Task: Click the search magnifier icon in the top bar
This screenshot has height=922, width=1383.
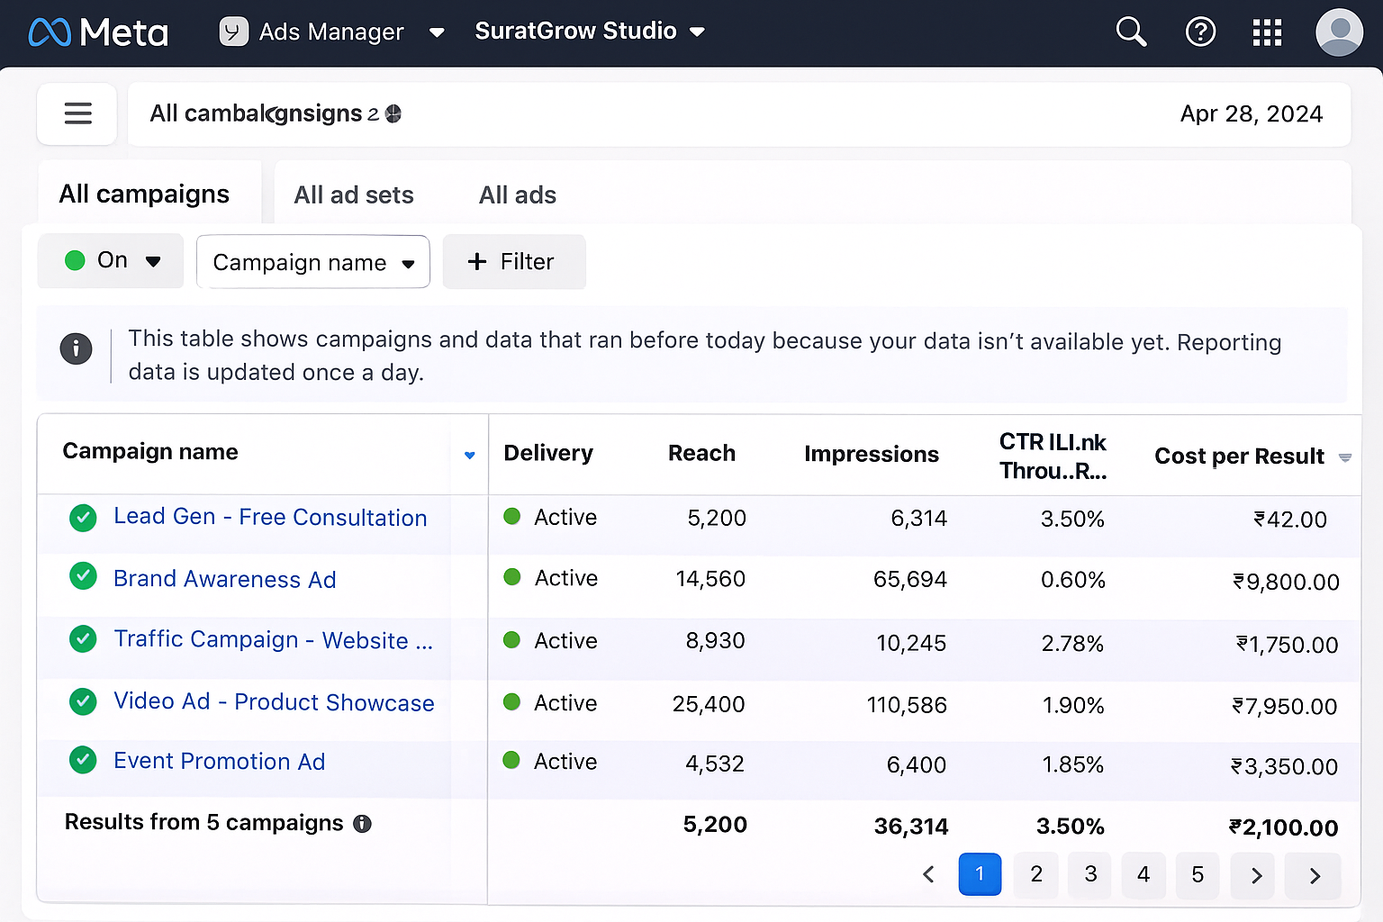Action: coord(1131,32)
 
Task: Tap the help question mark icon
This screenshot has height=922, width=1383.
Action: coord(1200,32)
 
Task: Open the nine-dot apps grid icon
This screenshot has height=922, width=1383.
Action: coord(1267,32)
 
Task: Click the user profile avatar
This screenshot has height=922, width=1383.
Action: coord(1339,32)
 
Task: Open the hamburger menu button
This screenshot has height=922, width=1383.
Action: coord(77,113)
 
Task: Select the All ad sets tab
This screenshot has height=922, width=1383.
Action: coord(353,194)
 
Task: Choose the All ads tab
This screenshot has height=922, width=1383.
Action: coord(517,194)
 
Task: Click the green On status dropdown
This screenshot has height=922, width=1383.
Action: coord(111,261)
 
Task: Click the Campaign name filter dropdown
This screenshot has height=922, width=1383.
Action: coord(312,262)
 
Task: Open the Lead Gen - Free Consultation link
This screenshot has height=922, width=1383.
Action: coord(269,517)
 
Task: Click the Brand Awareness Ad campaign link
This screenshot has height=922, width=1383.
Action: coord(224,579)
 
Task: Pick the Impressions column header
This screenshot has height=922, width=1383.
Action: coord(871,454)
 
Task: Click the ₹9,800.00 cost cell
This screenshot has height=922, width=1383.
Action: coord(1286,582)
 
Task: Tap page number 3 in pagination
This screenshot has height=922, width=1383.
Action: coord(1089,874)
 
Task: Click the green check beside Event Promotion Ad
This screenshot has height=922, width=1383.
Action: coord(83,761)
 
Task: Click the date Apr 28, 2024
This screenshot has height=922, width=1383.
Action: coord(1251,113)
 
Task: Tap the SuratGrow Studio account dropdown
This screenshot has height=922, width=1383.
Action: coord(589,32)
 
